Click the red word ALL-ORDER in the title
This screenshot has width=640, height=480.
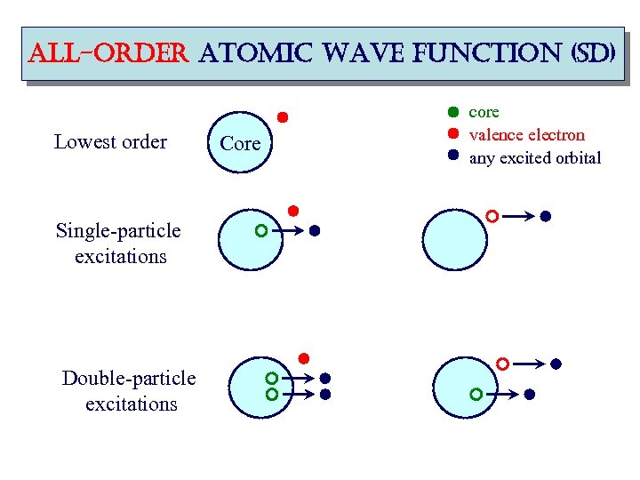point(84,53)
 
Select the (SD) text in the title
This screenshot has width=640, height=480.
point(581,53)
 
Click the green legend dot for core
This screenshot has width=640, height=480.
point(452,113)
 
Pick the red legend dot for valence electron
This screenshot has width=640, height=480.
point(452,134)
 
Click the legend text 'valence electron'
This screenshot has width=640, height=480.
point(526,135)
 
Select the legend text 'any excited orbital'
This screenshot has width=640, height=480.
point(534,158)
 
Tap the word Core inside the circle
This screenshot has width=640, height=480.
point(240,143)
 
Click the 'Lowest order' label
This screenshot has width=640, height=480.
point(110,142)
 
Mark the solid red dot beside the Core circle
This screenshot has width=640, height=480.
point(283,116)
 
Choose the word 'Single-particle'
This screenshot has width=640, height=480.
point(118,231)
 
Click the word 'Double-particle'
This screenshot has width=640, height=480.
point(129,379)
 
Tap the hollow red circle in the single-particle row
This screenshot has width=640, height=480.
point(492,216)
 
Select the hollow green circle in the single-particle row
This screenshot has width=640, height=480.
point(260,231)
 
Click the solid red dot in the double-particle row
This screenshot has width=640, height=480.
point(302,358)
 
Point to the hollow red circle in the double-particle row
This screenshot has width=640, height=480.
point(502,364)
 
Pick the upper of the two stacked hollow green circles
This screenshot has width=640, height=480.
point(272,378)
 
